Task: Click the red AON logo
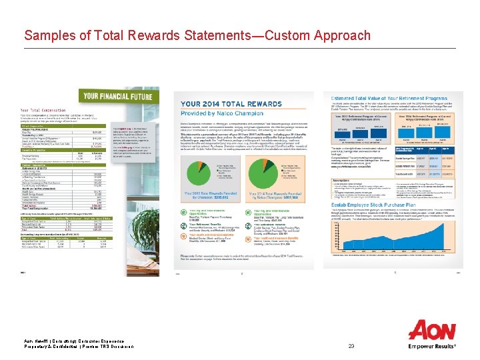433,331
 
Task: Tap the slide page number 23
352,346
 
